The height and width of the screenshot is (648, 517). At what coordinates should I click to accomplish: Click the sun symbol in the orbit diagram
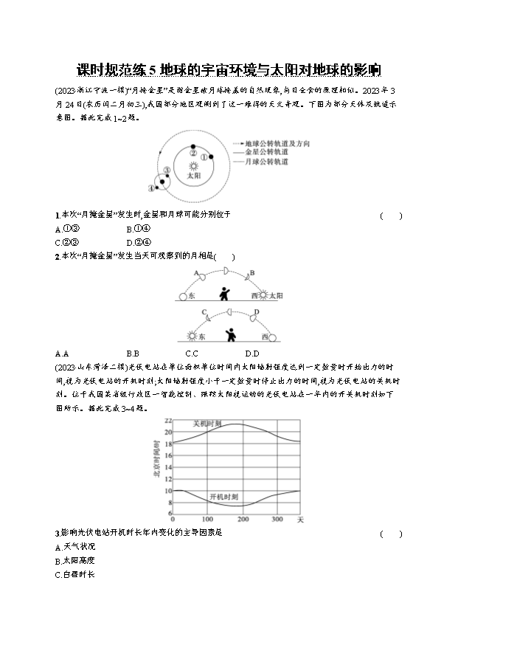[192, 167]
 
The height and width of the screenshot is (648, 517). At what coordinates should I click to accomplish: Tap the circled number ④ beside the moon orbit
[152, 187]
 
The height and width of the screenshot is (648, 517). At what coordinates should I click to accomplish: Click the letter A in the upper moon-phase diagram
[196, 273]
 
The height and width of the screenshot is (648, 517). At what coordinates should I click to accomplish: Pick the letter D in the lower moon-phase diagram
[257, 313]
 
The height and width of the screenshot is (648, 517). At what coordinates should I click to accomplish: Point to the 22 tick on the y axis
[168, 419]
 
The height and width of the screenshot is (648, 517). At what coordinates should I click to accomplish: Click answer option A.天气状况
[75, 547]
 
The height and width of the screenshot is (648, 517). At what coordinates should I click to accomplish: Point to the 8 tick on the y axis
[169, 513]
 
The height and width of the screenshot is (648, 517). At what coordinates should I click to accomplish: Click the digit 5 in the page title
[153, 71]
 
